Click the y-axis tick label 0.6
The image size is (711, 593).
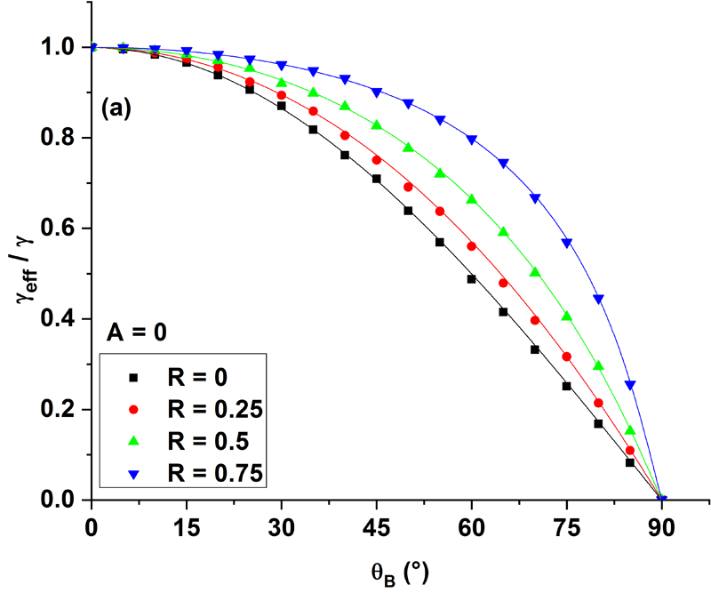[x=60, y=228]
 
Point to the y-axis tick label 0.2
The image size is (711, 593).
[x=60, y=410]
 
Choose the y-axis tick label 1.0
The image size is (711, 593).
[x=60, y=47]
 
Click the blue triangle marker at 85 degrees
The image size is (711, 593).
[x=630, y=385]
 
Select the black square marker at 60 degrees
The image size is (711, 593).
[x=471, y=279]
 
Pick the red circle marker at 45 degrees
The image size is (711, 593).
[x=377, y=160]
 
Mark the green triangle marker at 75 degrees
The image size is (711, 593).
[x=566, y=316]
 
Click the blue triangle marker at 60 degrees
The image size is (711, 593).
[x=471, y=140]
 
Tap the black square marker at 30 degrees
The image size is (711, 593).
[x=282, y=106]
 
